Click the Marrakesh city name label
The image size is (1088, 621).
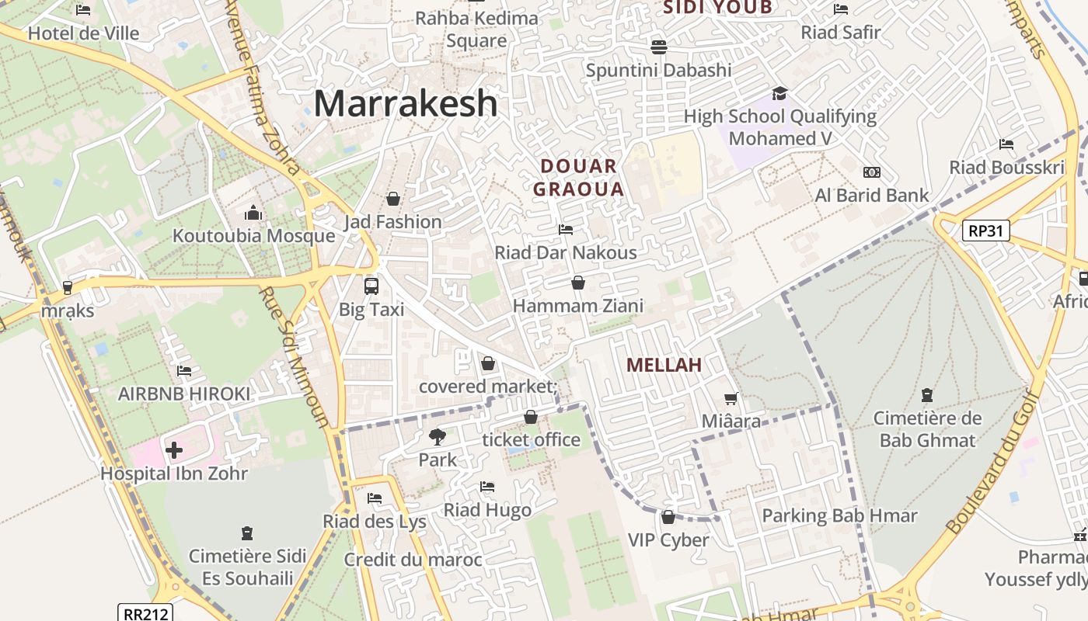[405, 103]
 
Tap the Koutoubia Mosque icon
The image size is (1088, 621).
[253, 213]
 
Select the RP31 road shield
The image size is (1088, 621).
[985, 231]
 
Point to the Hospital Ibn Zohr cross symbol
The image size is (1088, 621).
[174, 449]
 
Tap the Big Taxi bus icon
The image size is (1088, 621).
[371, 286]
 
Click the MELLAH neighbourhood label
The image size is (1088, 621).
[664, 365]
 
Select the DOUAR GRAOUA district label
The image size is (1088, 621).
[579, 178]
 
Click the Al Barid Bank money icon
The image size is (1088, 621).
[871, 172]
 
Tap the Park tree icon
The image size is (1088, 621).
[438, 437]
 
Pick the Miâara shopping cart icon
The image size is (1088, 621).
[731, 399]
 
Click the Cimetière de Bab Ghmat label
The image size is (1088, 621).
[927, 429]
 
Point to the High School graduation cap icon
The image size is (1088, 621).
[779, 94]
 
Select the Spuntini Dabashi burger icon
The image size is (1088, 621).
[659, 47]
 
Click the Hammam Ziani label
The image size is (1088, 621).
[578, 306]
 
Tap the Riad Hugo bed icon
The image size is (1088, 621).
[487, 487]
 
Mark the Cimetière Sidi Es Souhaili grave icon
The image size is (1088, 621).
[247, 533]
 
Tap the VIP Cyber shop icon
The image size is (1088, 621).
[668, 517]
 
